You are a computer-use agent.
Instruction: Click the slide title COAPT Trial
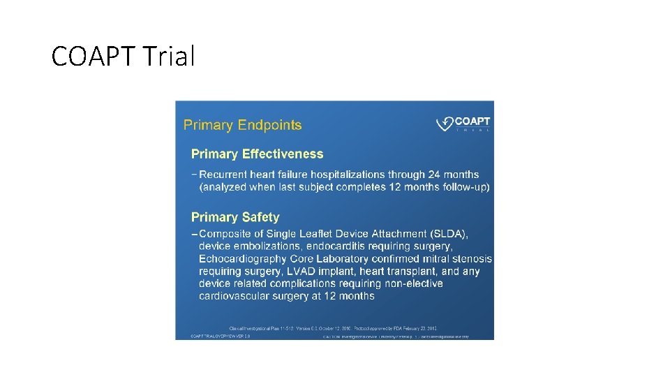pyautogui.click(x=123, y=56)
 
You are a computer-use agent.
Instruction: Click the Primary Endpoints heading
pyautogui.click(x=242, y=125)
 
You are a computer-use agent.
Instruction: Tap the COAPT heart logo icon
pyautogui.click(x=445, y=124)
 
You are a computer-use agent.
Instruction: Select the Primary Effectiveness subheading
pyautogui.click(x=258, y=154)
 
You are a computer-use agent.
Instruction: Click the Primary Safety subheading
pyautogui.click(x=235, y=217)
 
